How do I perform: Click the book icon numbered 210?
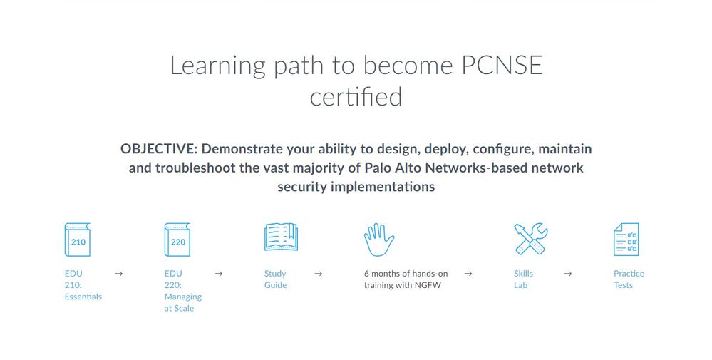tap(77, 240)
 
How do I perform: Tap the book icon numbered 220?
tap(177, 240)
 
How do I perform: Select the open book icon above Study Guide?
tap(281, 237)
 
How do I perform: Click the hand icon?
tap(378, 240)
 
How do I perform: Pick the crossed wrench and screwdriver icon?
tap(531, 239)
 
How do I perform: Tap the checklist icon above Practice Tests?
tap(626, 240)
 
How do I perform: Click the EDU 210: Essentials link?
tap(83, 285)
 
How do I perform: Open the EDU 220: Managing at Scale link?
tap(183, 291)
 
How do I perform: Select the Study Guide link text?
tap(275, 279)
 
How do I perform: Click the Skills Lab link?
tap(523, 279)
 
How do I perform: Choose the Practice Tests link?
tap(629, 279)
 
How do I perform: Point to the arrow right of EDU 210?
tap(118, 274)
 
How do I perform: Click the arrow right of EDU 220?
tap(218, 274)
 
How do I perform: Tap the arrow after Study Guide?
tap(319, 274)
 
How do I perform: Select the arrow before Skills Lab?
tap(468, 274)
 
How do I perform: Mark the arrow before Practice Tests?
tap(568, 274)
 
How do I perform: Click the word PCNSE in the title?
tap(502, 65)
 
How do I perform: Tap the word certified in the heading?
tap(356, 97)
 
